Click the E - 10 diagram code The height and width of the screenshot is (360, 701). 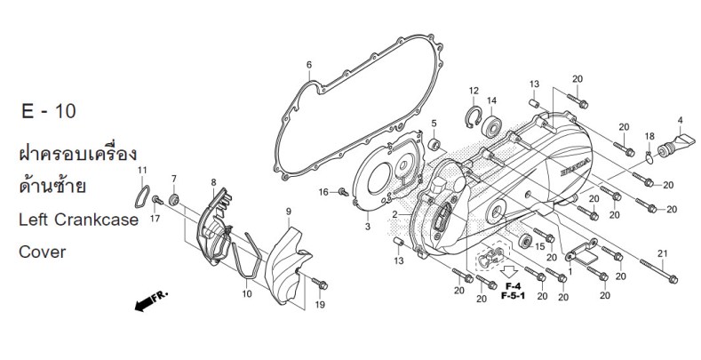pyautogui.click(x=49, y=111)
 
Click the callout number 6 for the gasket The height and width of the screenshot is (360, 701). pyautogui.click(x=309, y=65)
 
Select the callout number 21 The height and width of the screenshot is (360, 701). pyautogui.click(x=663, y=253)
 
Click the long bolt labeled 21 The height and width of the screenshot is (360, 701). pyautogui.click(x=659, y=271)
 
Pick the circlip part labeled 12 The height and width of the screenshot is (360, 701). pyautogui.click(x=473, y=117)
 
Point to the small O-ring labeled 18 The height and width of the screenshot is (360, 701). pyautogui.click(x=649, y=157)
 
